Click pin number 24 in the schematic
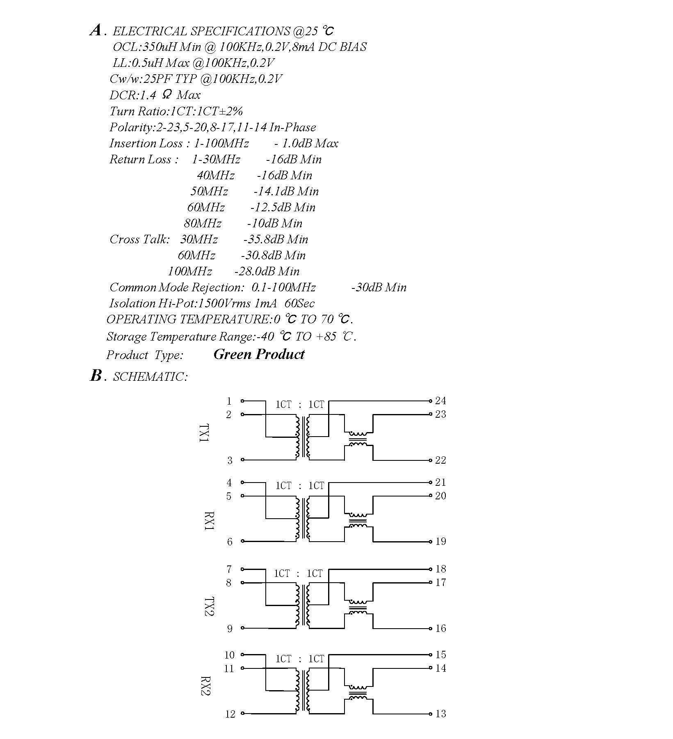(x=440, y=400)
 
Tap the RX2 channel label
(x=205, y=686)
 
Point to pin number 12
(x=230, y=714)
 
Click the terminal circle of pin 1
(x=242, y=401)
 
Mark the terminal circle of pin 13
(x=431, y=714)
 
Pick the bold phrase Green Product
(x=259, y=354)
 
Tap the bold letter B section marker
(x=96, y=375)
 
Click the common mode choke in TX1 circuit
(x=358, y=439)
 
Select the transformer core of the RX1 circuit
(x=303, y=518)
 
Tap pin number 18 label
(x=440, y=569)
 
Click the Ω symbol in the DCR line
(x=167, y=94)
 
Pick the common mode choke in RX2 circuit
(x=358, y=693)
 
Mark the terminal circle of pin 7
(x=242, y=569)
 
